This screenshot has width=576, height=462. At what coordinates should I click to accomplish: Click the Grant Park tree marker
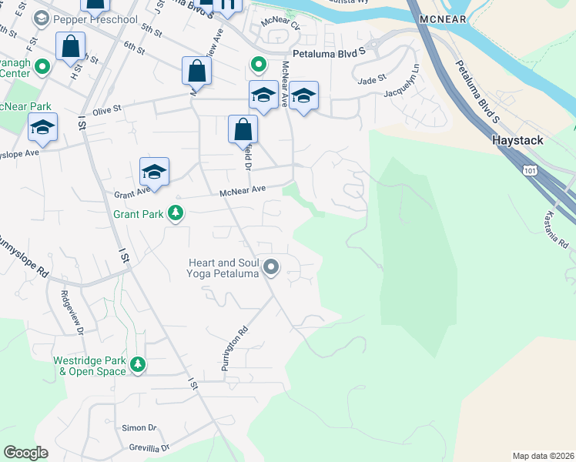coord(176,213)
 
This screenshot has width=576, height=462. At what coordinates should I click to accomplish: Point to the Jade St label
coord(370,79)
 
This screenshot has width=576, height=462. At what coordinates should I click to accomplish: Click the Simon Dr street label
coord(139,427)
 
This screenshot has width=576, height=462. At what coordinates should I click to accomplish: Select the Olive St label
coord(107,110)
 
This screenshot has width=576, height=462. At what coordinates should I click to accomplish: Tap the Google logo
coord(25,453)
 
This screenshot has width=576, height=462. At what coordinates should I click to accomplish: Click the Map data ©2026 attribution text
coord(543,456)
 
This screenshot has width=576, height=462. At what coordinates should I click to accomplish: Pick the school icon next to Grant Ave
coord(154,172)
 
